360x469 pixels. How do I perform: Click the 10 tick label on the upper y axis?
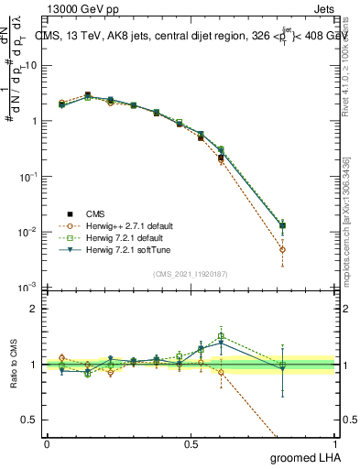pos(30,66)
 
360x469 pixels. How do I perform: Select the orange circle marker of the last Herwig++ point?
pos(283,249)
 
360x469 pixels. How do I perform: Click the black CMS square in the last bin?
pos(283,225)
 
